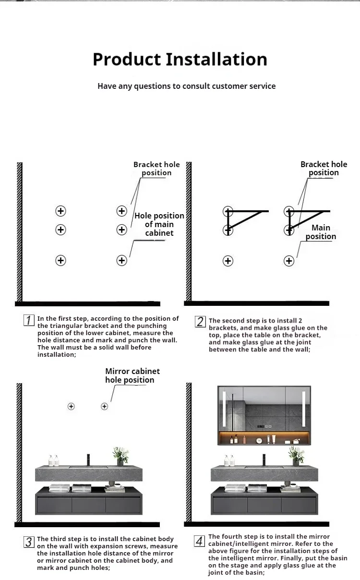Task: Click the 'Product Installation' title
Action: point(180,60)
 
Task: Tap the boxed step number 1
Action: point(29,320)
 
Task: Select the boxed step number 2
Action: point(200,322)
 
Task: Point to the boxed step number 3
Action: point(29,542)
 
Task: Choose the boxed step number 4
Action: point(200,541)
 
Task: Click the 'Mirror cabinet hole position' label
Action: point(132,375)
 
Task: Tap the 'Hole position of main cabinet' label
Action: point(159,224)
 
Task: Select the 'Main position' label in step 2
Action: point(321,232)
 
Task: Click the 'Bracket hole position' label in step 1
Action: point(156,169)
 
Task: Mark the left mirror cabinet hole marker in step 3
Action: point(71,406)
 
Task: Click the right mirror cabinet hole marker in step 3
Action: point(104,406)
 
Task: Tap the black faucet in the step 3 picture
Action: point(88,459)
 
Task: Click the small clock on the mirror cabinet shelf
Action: point(259,440)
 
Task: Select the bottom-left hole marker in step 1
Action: point(60,260)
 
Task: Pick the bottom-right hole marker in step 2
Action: point(289,261)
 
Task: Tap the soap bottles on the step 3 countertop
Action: point(53,460)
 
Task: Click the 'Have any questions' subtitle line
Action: point(186,86)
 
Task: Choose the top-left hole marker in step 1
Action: point(60,211)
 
